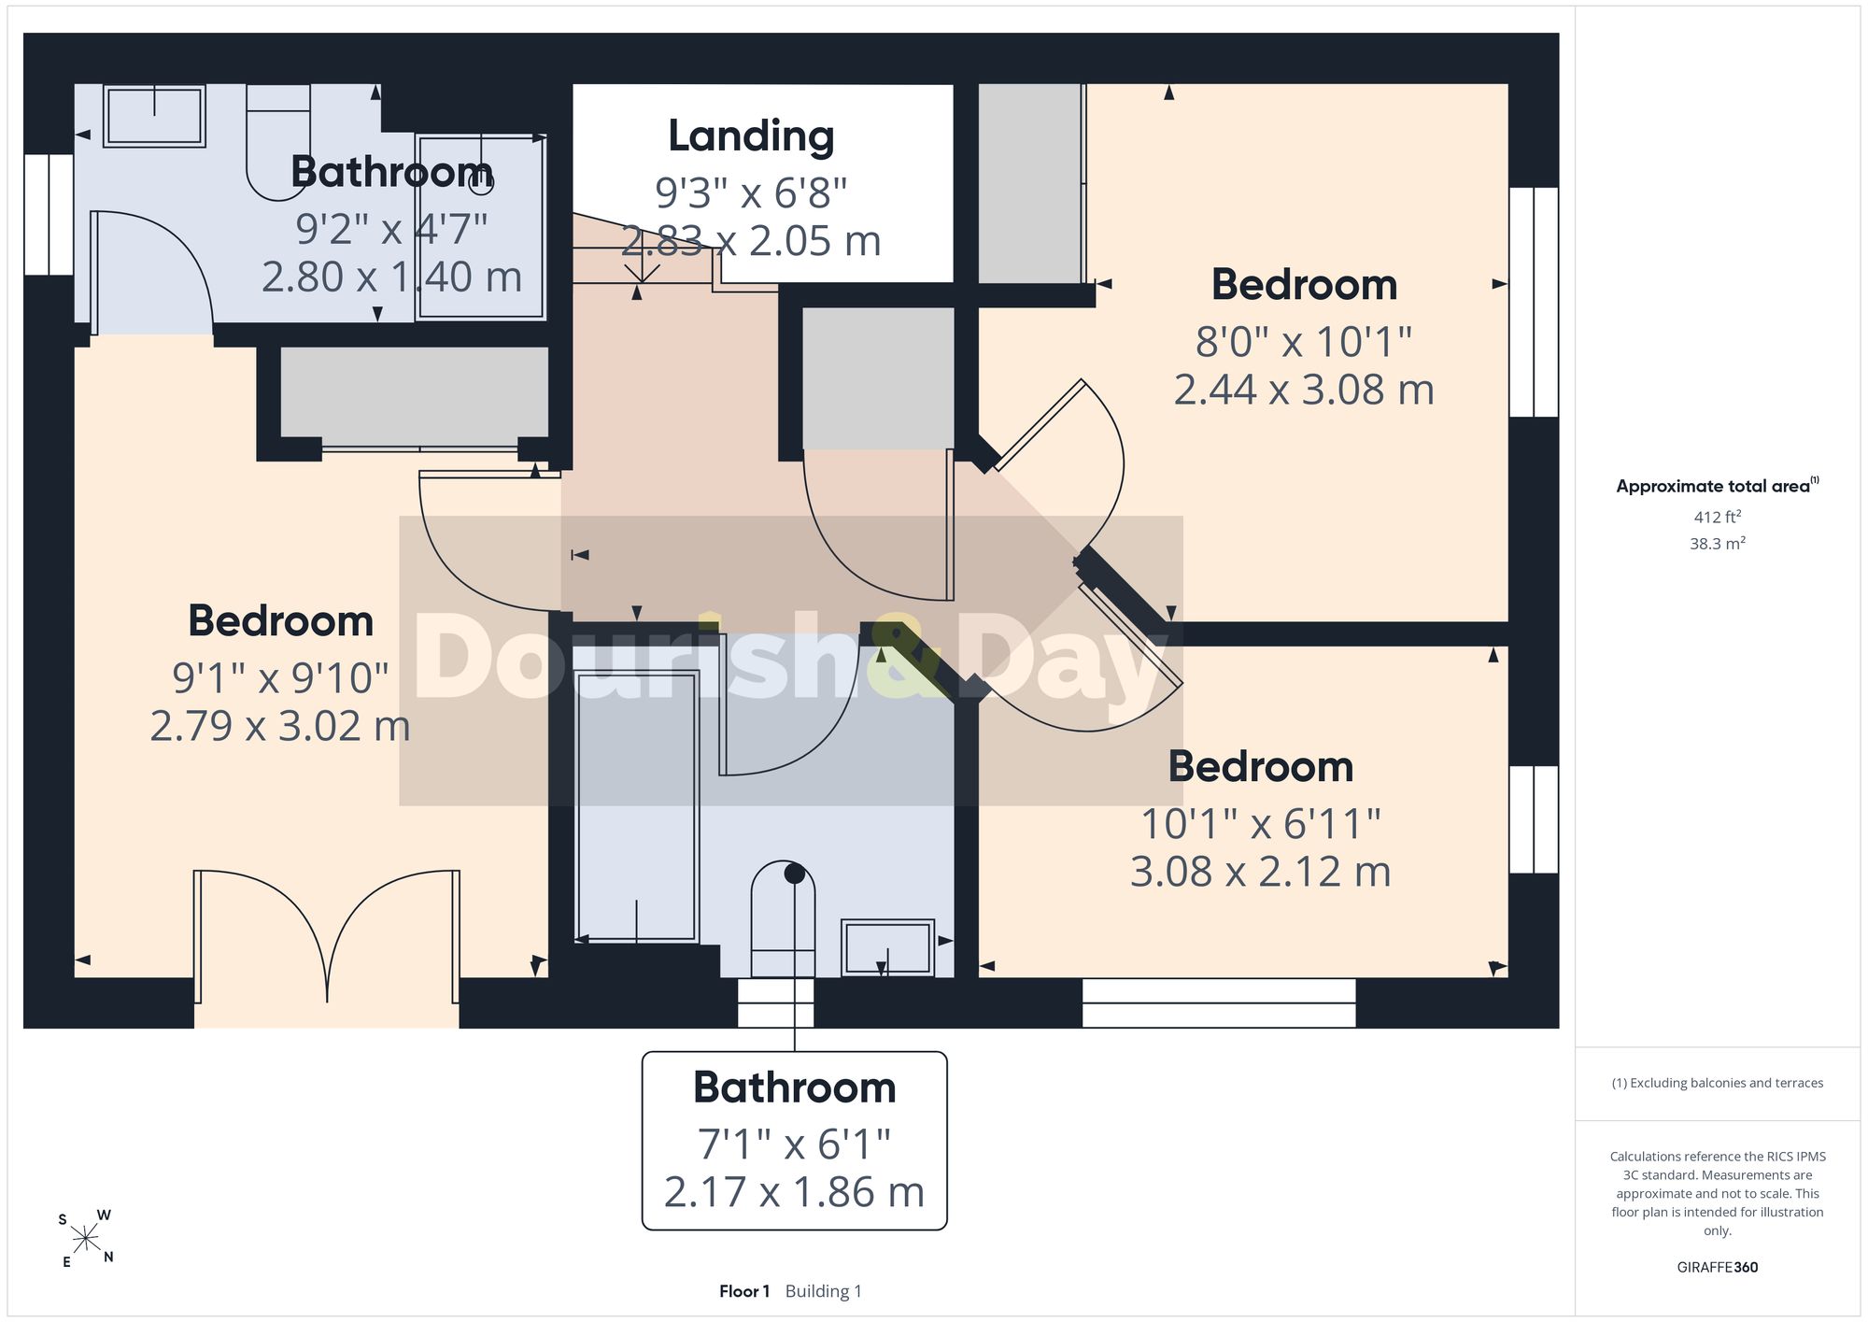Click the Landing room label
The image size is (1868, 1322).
coord(751,136)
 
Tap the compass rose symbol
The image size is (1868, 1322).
coord(86,1240)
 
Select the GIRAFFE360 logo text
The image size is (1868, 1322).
coord(1717,1267)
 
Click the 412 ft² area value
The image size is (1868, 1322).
coord(1717,517)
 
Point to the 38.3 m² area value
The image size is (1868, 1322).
coord(1717,543)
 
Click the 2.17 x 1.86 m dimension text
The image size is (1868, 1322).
coord(794,1192)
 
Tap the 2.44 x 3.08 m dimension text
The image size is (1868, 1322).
coord(1304,390)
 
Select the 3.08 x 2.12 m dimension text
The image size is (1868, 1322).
coord(1260,872)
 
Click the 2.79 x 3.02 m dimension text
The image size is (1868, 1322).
coord(280,726)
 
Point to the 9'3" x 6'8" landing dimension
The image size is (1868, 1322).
coord(751,193)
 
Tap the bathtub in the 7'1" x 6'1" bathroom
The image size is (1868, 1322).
coord(637,806)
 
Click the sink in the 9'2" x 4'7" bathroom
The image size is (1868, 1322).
coord(154,116)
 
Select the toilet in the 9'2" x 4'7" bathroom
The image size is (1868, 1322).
coord(278,142)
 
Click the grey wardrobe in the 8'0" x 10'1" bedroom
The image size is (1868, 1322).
coord(1029,183)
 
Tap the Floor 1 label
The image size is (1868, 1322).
coord(744,1291)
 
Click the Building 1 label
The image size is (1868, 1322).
coord(824,1291)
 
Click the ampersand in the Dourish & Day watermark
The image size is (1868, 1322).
coord(906,658)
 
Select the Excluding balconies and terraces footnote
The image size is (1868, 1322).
coord(1717,1083)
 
